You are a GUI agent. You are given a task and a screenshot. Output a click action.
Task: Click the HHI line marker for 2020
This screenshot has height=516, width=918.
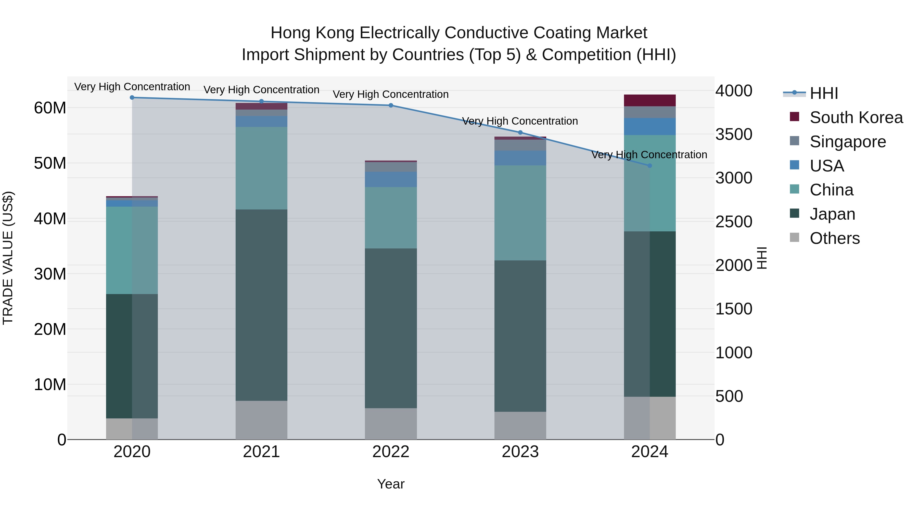click(132, 98)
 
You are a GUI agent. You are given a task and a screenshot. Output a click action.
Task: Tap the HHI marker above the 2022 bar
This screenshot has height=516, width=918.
click(391, 105)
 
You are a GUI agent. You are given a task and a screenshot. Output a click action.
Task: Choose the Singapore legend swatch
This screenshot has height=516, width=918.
click(794, 141)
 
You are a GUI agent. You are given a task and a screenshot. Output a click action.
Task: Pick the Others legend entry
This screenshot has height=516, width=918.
click(834, 238)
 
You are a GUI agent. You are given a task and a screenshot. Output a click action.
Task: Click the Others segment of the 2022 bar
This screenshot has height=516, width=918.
click(391, 424)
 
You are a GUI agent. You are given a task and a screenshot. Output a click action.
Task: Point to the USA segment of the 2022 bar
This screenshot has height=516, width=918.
click(391, 179)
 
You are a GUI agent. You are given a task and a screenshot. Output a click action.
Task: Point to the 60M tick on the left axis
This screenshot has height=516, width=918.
click(50, 108)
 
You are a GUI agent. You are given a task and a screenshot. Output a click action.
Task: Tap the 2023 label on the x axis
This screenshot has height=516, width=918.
click(520, 452)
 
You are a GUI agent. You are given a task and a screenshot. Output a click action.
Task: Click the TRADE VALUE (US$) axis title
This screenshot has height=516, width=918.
click(8, 258)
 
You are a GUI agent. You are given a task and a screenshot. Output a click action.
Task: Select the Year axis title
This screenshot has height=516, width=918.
click(391, 484)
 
